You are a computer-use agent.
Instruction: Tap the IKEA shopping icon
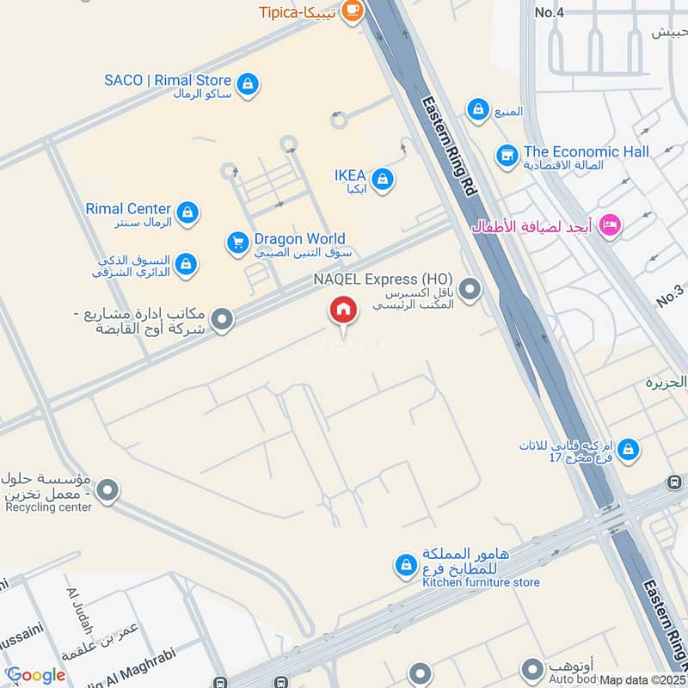(384, 180)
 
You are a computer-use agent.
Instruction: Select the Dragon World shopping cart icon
(238, 243)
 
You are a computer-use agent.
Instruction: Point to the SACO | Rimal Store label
(168, 81)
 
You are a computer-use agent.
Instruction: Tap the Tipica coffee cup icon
(351, 10)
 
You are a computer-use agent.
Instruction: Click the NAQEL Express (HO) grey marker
(470, 290)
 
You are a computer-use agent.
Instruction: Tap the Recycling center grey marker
(107, 492)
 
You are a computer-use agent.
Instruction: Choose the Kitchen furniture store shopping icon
(404, 565)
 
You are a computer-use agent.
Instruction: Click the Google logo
(35, 675)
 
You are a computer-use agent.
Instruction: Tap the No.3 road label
(669, 295)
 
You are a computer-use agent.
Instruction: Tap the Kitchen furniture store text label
(481, 582)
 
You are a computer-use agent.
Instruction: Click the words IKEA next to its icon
(350, 175)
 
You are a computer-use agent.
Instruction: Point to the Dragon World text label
(299, 239)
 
